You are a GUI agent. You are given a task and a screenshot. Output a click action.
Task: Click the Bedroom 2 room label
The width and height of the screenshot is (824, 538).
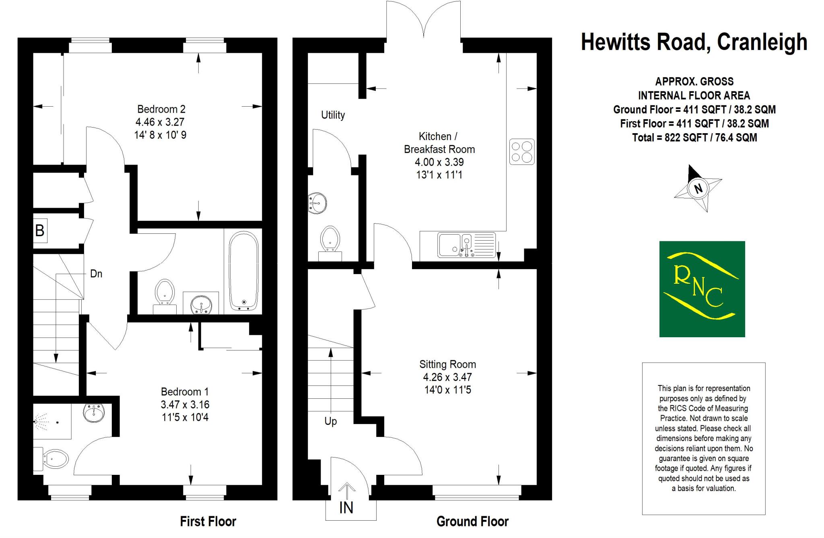(161, 109)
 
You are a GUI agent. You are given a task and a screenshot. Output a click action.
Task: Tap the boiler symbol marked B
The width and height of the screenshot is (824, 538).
(40, 231)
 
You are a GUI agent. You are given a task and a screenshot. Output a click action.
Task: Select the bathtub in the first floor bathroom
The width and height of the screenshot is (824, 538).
(243, 271)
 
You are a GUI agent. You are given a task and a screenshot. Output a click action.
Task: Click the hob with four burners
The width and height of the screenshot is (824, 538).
(522, 152)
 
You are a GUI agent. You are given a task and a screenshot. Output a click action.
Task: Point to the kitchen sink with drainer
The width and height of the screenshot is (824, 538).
(467, 245)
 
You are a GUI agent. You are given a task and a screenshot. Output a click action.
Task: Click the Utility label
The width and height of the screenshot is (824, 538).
(333, 115)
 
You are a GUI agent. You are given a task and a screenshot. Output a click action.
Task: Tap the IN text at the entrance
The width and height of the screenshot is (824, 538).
(346, 508)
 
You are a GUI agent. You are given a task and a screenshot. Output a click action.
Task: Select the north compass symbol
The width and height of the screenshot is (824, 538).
(698, 188)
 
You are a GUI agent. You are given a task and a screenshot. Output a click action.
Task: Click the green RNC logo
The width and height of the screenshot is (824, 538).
(702, 289)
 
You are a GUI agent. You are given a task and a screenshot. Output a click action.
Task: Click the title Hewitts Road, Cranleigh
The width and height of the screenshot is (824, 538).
(694, 42)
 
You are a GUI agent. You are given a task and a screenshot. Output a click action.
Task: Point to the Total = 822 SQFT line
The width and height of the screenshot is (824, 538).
(694, 138)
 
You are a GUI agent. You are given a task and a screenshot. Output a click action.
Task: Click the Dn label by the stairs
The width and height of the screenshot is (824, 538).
(96, 274)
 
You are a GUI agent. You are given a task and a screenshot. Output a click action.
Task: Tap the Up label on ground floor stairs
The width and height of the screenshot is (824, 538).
(330, 421)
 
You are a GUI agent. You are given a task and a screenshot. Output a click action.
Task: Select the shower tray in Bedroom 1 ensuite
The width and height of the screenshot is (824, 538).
(52, 422)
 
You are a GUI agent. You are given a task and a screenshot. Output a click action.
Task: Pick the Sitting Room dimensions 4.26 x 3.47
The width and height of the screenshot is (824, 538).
(447, 377)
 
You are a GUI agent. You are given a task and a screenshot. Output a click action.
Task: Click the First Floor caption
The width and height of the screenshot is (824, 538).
(208, 522)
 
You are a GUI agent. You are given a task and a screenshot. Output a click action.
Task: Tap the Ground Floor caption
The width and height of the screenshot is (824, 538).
(472, 522)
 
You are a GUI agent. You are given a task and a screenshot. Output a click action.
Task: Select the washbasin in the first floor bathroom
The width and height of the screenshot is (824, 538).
(201, 304)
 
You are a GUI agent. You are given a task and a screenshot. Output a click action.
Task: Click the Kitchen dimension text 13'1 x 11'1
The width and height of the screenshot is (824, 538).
(439, 175)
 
